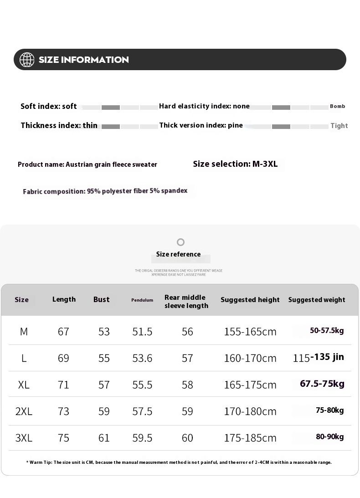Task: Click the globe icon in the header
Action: click(x=27, y=60)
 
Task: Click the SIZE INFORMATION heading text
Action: click(x=83, y=60)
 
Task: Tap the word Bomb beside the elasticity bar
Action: click(x=338, y=106)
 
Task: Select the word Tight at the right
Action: click(x=339, y=126)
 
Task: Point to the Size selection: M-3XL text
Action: click(x=235, y=164)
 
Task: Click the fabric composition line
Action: click(x=105, y=191)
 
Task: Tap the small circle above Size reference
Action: click(x=180, y=242)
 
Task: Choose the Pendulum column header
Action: click(x=142, y=300)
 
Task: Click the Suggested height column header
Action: click(x=250, y=300)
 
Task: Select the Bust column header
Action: click(x=101, y=299)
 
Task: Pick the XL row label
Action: click(x=24, y=385)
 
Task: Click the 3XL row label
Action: click(x=24, y=438)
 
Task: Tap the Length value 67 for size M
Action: click(x=63, y=332)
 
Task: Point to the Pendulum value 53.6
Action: click(x=142, y=358)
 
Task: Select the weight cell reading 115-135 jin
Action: click(x=318, y=357)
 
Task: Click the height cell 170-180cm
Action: click(x=250, y=411)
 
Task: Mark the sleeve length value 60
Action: click(x=187, y=438)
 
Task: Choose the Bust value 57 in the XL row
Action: click(x=104, y=385)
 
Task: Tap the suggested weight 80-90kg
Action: click(x=329, y=437)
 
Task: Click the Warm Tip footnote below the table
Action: click(x=179, y=462)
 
